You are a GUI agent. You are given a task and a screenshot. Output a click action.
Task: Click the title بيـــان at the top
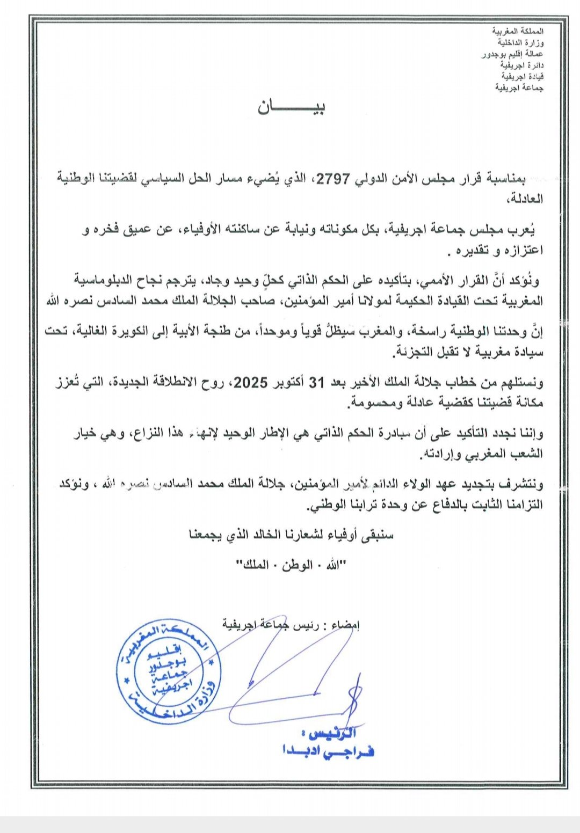click(292, 107)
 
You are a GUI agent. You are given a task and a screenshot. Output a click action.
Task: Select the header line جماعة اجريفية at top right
click(519, 87)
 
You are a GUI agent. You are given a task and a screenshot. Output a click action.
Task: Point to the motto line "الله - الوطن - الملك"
click(292, 565)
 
